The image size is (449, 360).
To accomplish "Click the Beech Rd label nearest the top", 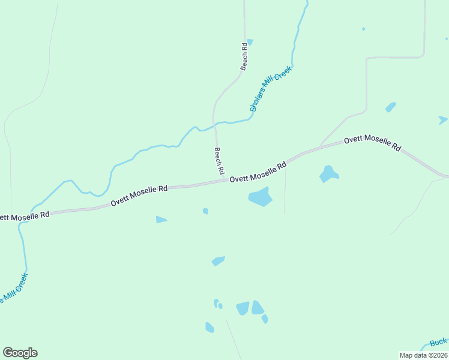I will point(244,56).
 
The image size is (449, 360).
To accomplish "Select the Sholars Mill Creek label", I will point(270,89).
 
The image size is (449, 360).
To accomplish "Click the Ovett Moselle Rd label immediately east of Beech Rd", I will point(258,172).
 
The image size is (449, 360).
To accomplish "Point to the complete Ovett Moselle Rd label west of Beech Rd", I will point(139,196).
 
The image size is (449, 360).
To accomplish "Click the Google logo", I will point(20,353).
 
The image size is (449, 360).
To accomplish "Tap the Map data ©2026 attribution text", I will point(423,355).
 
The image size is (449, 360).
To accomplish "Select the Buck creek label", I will point(438,343).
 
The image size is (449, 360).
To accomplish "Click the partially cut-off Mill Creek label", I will point(13,289).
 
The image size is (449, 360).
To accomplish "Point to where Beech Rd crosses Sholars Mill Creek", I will point(214,124).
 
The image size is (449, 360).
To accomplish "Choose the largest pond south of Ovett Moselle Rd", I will point(260,196).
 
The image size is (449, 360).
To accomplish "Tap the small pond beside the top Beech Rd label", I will point(250,42).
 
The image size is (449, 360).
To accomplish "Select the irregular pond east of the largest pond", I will point(328,174).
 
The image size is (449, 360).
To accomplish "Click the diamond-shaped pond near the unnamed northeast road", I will point(390,107).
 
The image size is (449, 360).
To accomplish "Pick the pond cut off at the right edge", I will point(443,119).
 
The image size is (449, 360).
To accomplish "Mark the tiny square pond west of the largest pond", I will point(205,211).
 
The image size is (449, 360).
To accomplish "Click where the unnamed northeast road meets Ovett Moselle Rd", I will point(321,146).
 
